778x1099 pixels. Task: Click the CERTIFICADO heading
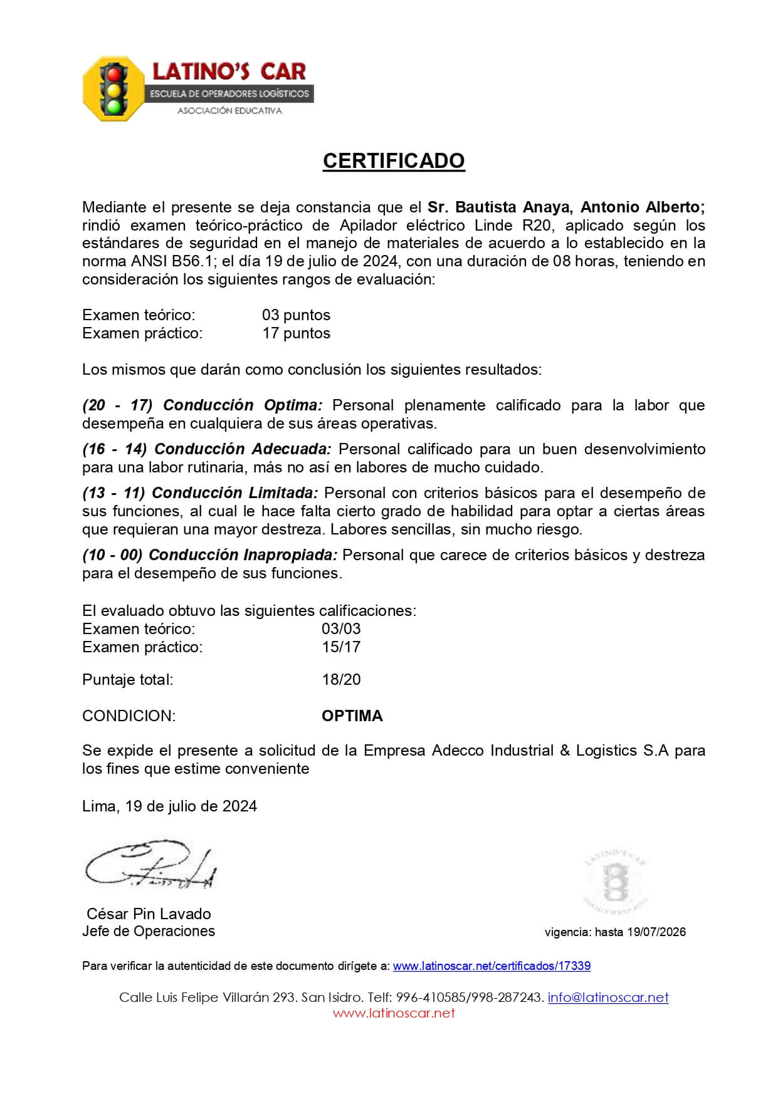coord(394,161)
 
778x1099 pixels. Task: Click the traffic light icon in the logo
coord(113,90)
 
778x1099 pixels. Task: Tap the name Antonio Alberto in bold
coord(643,207)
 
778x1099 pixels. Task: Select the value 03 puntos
coord(296,315)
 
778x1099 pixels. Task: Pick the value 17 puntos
coord(296,333)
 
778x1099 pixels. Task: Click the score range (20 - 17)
coord(117,405)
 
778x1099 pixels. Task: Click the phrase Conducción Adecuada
coord(243,449)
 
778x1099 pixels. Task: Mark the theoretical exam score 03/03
coord(341,629)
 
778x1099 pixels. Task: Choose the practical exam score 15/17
coord(341,647)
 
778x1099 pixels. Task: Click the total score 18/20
coord(341,680)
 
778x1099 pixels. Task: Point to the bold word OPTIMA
coord(352,716)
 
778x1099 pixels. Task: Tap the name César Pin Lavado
coord(149,914)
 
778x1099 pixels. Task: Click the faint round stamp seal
coord(617,882)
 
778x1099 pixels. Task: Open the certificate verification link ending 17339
coord(492,966)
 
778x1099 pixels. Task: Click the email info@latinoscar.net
coord(608,997)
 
